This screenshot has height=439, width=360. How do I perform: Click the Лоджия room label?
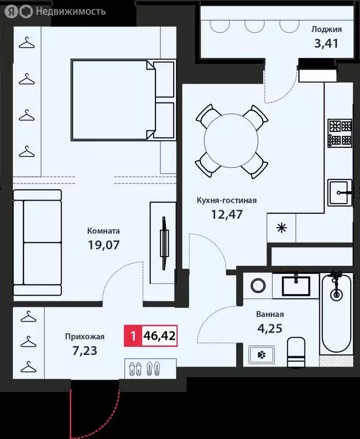326,30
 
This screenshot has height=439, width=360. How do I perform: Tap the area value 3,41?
326,43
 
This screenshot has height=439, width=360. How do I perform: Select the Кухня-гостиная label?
226,201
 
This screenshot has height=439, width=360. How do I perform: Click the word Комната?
103,231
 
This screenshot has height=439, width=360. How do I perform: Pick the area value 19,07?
103,245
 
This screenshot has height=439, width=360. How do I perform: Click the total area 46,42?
159,336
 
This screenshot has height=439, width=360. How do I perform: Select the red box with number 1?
133,336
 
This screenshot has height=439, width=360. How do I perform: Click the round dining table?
231,141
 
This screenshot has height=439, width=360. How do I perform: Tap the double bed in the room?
122,99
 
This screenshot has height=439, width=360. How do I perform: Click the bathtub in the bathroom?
336,312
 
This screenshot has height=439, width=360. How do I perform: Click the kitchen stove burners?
339,132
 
